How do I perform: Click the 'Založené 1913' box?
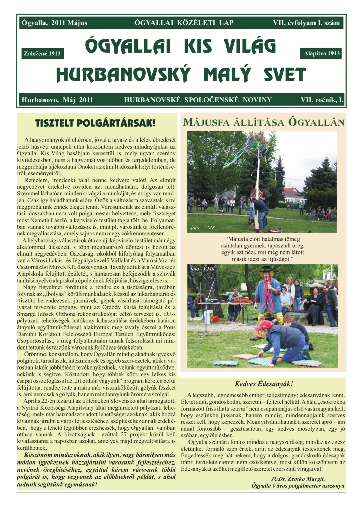tap(42, 53)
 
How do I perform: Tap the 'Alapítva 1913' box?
tap(321, 53)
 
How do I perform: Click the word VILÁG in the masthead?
tap(250, 46)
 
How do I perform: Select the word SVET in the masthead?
tap(285, 75)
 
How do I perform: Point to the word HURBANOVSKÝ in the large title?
tap(123, 75)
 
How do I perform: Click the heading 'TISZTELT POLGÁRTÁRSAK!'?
tap(95, 123)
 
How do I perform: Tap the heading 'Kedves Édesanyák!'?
tap(264, 384)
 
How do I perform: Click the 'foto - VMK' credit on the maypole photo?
tap(203, 228)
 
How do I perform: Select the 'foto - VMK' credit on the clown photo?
tap(203, 269)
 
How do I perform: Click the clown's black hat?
tap(267, 269)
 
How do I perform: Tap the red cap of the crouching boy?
tap(264, 325)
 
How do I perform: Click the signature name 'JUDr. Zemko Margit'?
tap(298, 479)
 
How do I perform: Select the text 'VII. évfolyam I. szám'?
tap(306, 23)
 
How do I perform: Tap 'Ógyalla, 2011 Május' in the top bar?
tap(54, 23)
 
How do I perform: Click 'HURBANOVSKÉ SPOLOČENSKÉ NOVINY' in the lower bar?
tap(198, 100)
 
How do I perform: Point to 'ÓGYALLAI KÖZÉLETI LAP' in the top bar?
tap(184, 23)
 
